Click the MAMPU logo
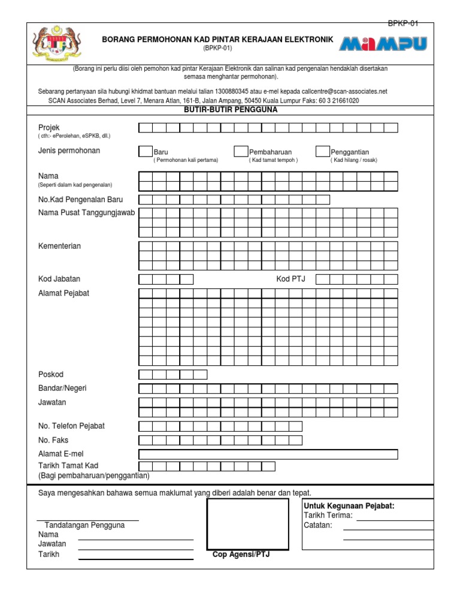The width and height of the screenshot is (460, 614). click(384, 43)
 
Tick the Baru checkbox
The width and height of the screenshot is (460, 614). click(146, 152)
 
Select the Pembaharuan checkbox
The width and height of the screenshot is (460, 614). click(241, 152)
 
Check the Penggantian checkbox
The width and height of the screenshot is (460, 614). click(322, 152)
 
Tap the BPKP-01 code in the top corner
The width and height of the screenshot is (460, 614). click(403, 23)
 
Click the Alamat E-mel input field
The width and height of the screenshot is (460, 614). click(268, 454)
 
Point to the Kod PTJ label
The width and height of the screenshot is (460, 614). click(290, 279)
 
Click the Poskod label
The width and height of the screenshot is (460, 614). click(51, 375)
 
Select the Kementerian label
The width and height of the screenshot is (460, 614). click(59, 246)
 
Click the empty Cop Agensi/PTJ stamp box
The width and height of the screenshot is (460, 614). click(248, 524)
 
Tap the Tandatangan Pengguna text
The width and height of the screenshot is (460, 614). click(85, 525)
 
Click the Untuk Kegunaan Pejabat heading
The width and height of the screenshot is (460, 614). click(349, 506)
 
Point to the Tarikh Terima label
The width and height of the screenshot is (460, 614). click(328, 516)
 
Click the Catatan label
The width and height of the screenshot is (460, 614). click(317, 525)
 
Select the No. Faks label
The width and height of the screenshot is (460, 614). click(53, 440)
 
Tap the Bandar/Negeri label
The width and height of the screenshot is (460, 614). click(62, 389)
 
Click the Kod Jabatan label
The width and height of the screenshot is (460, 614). click(59, 279)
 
